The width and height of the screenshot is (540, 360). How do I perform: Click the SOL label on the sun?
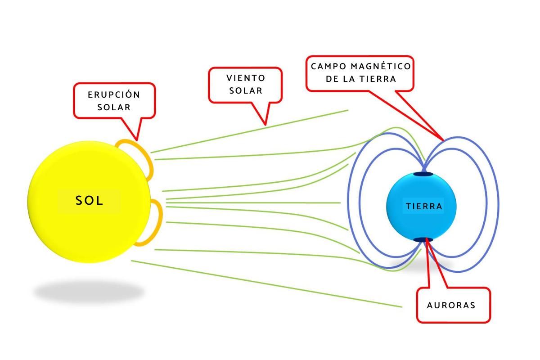click(90, 201)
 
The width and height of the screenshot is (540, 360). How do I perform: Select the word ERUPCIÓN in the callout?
click(114, 95)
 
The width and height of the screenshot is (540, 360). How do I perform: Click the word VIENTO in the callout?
click(246, 78)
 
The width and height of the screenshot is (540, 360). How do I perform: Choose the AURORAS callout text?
click(451, 305)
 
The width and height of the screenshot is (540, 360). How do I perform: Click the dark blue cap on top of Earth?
click(423, 174)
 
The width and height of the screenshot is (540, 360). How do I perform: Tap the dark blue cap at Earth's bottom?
click(423, 239)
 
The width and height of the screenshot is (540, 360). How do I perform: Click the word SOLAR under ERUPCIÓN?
click(114, 107)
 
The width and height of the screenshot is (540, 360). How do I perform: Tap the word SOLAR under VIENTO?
click(246, 90)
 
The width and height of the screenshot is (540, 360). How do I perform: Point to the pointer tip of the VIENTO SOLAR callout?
click(265, 124)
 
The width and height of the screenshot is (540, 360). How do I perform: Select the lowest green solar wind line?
click(270, 284)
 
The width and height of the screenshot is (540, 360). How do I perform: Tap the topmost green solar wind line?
click(252, 130)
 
